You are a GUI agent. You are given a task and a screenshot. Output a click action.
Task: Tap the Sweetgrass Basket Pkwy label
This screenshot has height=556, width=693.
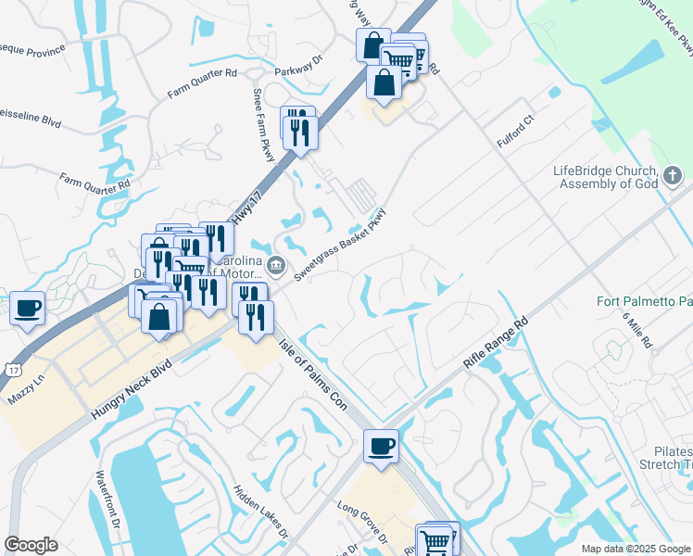[340, 247]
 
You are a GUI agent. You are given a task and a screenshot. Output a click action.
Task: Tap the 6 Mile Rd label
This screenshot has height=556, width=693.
[638, 330]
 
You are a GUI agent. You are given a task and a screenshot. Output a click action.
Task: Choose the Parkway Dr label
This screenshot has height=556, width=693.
[297, 70]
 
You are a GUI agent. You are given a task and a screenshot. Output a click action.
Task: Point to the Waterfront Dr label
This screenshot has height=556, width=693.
[103, 498]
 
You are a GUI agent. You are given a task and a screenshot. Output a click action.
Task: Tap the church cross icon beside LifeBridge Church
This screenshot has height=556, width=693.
[673, 175]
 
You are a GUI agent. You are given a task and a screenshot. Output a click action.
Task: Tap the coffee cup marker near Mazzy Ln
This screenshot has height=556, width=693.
[27, 309]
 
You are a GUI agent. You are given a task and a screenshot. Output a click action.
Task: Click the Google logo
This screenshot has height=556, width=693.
[31, 545]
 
